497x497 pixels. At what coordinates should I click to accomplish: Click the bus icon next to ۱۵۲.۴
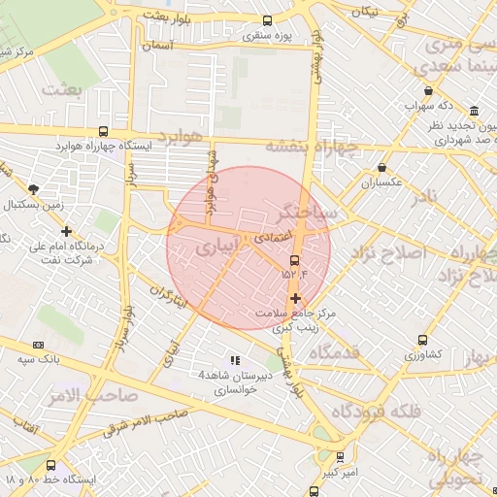[295, 260]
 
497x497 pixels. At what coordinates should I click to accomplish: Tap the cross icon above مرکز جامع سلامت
[295, 297]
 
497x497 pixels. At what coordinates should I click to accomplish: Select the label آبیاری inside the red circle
[215, 248]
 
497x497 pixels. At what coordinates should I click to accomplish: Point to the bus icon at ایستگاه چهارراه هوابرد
[104, 131]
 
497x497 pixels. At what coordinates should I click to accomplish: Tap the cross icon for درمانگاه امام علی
[66, 231]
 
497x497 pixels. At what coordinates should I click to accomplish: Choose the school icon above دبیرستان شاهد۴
[234, 360]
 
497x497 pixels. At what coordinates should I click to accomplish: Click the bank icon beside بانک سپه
[39, 345]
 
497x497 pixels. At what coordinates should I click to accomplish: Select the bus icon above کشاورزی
[421, 340]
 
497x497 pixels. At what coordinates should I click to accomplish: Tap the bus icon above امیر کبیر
[340, 456]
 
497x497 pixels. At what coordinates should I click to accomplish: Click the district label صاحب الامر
[89, 397]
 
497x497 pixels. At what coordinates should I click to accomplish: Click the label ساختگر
[308, 211]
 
